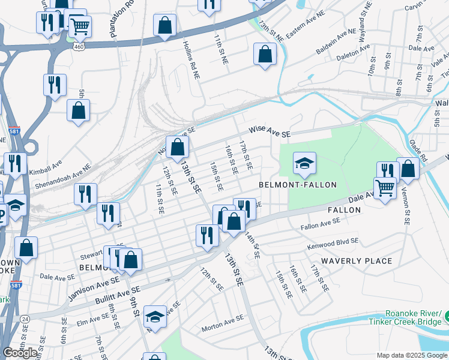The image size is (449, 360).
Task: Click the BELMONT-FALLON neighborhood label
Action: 298,185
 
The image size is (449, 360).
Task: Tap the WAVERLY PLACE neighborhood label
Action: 357,261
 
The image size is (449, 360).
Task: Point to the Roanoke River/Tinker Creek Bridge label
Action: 414,318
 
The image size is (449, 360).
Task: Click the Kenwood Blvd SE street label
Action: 333,244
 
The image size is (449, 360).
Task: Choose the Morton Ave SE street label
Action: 222,323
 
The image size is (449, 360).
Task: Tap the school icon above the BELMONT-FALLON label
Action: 304,163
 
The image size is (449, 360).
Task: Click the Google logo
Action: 20,353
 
